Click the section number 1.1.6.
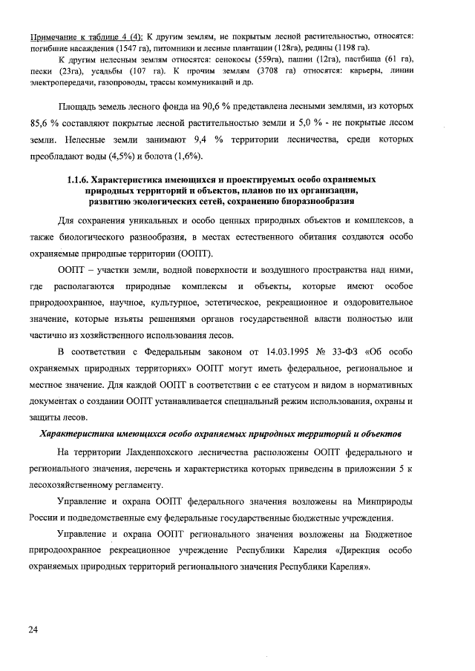click(x=79, y=180)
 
